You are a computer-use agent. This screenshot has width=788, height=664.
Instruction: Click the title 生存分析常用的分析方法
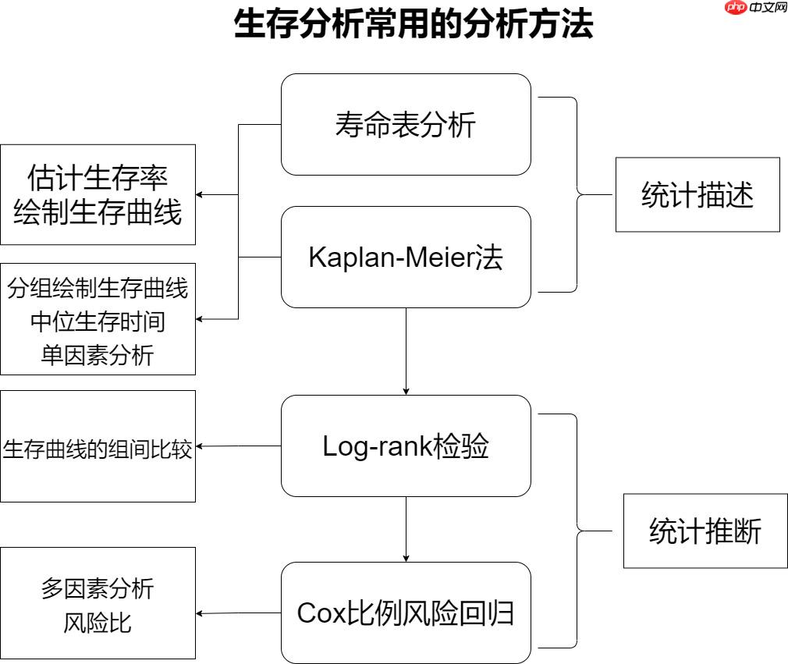click(x=414, y=25)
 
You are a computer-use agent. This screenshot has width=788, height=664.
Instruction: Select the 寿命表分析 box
click(x=406, y=125)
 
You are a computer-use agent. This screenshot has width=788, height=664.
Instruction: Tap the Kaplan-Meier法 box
click(x=406, y=257)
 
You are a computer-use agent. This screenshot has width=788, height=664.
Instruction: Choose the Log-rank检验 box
click(x=406, y=446)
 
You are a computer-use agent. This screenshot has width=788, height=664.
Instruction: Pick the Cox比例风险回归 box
click(x=406, y=613)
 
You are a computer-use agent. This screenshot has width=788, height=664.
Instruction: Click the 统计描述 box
click(x=697, y=195)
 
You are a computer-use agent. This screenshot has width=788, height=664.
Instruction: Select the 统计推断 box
click(x=705, y=532)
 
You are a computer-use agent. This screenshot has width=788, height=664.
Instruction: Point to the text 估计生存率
click(x=98, y=177)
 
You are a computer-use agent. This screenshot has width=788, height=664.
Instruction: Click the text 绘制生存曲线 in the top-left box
click(x=98, y=212)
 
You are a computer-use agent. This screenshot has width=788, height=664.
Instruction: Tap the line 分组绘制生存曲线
click(x=98, y=289)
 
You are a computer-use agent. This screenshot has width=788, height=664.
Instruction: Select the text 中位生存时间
click(x=98, y=321)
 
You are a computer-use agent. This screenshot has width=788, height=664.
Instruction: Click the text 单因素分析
click(x=98, y=355)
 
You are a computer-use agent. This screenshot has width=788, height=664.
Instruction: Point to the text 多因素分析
click(x=98, y=588)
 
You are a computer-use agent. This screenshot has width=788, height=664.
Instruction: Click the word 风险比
click(x=98, y=623)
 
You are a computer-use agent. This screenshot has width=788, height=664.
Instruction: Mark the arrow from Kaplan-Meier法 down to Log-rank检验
click(x=406, y=351)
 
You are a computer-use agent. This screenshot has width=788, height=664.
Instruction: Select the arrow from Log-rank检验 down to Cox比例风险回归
click(x=406, y=529)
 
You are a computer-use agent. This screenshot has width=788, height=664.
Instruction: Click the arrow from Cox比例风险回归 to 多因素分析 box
click(x=238, y=614)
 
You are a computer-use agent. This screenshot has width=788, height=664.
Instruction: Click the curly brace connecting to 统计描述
click(x=577, y=195)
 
